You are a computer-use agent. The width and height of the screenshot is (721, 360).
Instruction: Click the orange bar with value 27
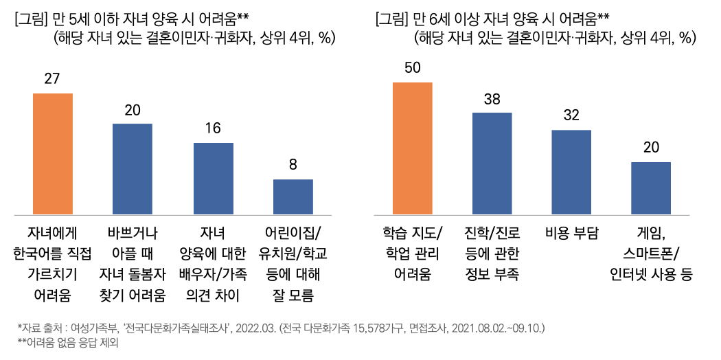[x=53, y=153]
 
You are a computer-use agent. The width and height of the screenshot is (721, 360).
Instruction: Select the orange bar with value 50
[x=412, y=148]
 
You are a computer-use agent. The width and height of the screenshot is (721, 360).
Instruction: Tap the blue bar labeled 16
[x=213, y=178]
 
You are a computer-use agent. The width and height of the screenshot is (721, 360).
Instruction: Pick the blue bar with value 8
[x=293, y=196]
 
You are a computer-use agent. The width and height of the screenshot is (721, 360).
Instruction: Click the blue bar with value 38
[x=492, y=163]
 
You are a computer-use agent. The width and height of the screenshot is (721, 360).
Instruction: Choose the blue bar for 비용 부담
[x=571, y=171]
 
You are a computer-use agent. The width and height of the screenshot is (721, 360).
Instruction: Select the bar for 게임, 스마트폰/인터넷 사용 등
[x=650, y=188]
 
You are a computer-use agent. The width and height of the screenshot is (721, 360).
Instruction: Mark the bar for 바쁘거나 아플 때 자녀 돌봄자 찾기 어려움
[x=133, y=168]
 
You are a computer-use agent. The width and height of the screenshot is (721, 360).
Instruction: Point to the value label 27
[x=52, y=78]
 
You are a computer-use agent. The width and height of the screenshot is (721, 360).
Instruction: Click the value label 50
[x=412, y=67]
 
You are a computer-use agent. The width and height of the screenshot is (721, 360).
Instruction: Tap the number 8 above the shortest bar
[x=293, y=165]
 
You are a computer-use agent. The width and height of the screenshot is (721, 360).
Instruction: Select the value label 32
[x=571, y=115]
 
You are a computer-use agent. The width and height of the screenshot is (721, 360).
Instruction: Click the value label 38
[x=492, y=98]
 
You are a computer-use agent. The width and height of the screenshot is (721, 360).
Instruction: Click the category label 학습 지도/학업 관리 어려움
[x=412, y=253]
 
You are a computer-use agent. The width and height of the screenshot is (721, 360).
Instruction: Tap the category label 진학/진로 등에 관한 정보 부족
[x=492, y=253]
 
